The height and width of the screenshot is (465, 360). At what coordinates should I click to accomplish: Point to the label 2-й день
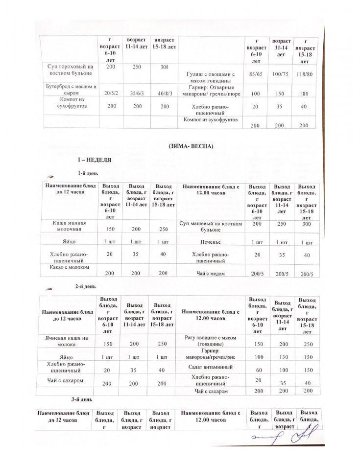[x=85, y=287]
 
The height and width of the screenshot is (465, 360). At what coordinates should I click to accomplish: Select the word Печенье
[x=211, y=242]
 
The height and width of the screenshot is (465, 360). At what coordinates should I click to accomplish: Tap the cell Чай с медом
[x=211, y=274]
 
